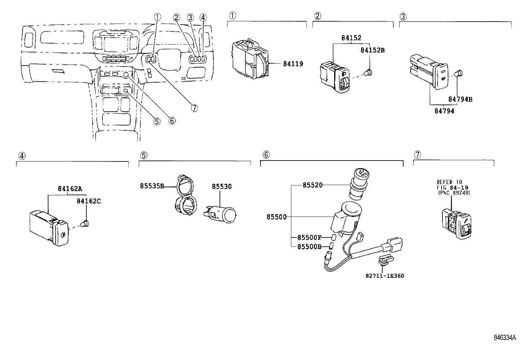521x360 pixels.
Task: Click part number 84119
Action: click(x=293, y=64)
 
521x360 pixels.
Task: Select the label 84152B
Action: click(x=372, y=50)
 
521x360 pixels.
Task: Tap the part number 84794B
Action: click(x=460, y=99)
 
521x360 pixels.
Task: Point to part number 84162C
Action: click(x=89, y=201)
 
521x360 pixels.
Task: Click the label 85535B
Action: click(x=152, y=186)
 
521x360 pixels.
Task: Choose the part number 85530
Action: click(x=222, y=187)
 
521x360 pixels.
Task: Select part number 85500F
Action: click(x=309, y=237)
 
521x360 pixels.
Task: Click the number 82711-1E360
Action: click(x=385, y=276)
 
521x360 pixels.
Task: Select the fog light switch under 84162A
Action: click(x=49, y=228)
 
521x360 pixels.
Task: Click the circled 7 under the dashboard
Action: click(x=195, y=108)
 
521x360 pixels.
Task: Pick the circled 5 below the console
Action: click(x=157, y=121)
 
